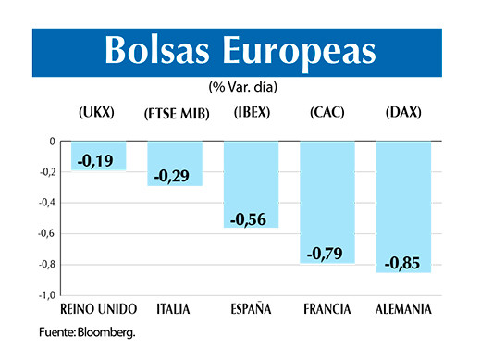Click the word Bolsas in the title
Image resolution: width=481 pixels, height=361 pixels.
pyautogui.click(x=156, y=52)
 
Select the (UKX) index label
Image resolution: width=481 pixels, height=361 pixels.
pyautogui.click(x=95, y=113)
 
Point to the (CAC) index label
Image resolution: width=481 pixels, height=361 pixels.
pyautogui.click(x=328, y=113)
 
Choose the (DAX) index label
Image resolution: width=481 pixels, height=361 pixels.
pyautogui.click(x=402, y=113)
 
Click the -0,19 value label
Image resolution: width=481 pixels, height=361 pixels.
pyautogui.click(x=95, y=161)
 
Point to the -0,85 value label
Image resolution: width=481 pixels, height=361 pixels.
pyautogui.click(x=403, y=262)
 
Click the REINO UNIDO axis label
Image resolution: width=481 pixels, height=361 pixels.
pyautogui.click(x=98, y=308)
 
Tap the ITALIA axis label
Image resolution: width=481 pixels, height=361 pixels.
pyautogui.click(x=174, y=308)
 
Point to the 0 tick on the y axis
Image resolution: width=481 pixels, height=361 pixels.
pyautogui.click(x=52, y=142)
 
